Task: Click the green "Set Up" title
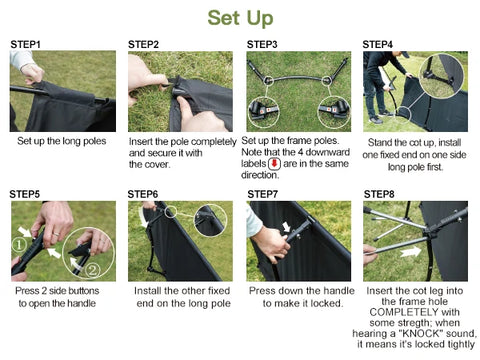pyautogui.click(x=240, y=18)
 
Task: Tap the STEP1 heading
pyautogui.click(x=25, y=45)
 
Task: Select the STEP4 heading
pyautogui.click(x=378, y=45)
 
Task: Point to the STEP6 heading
pyautogui.click(x=143, y=194)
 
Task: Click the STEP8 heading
pyautogui.click(x=379, y=194)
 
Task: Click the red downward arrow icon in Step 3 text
pyautogui.click(x=275, y=164)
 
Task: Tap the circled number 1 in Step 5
pyautogui.click(x=19, y=245)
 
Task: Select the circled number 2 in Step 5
pyautogui.click(x=93, y=269)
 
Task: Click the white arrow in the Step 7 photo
pyautogui.click(x=286, y=227)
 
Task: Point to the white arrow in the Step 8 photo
pyautogui.click(x=411, y=252)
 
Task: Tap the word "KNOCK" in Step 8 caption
pyautogui.click(x=421, y=333)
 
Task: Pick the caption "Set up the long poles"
pyautogui.click(x=62, y=141)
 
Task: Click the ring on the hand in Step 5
pyautogui.click(x=56, y=234)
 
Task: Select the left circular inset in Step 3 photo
pyautogui.click(x=264, y=112)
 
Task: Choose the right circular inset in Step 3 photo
pyautogui.click(x=334, y=112)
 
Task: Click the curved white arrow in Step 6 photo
pyautogui.click(x=144, y=218)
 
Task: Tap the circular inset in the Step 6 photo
pyautogui.click(x=210, y=220)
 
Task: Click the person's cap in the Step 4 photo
pyautogui.click(x=405, y=54)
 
